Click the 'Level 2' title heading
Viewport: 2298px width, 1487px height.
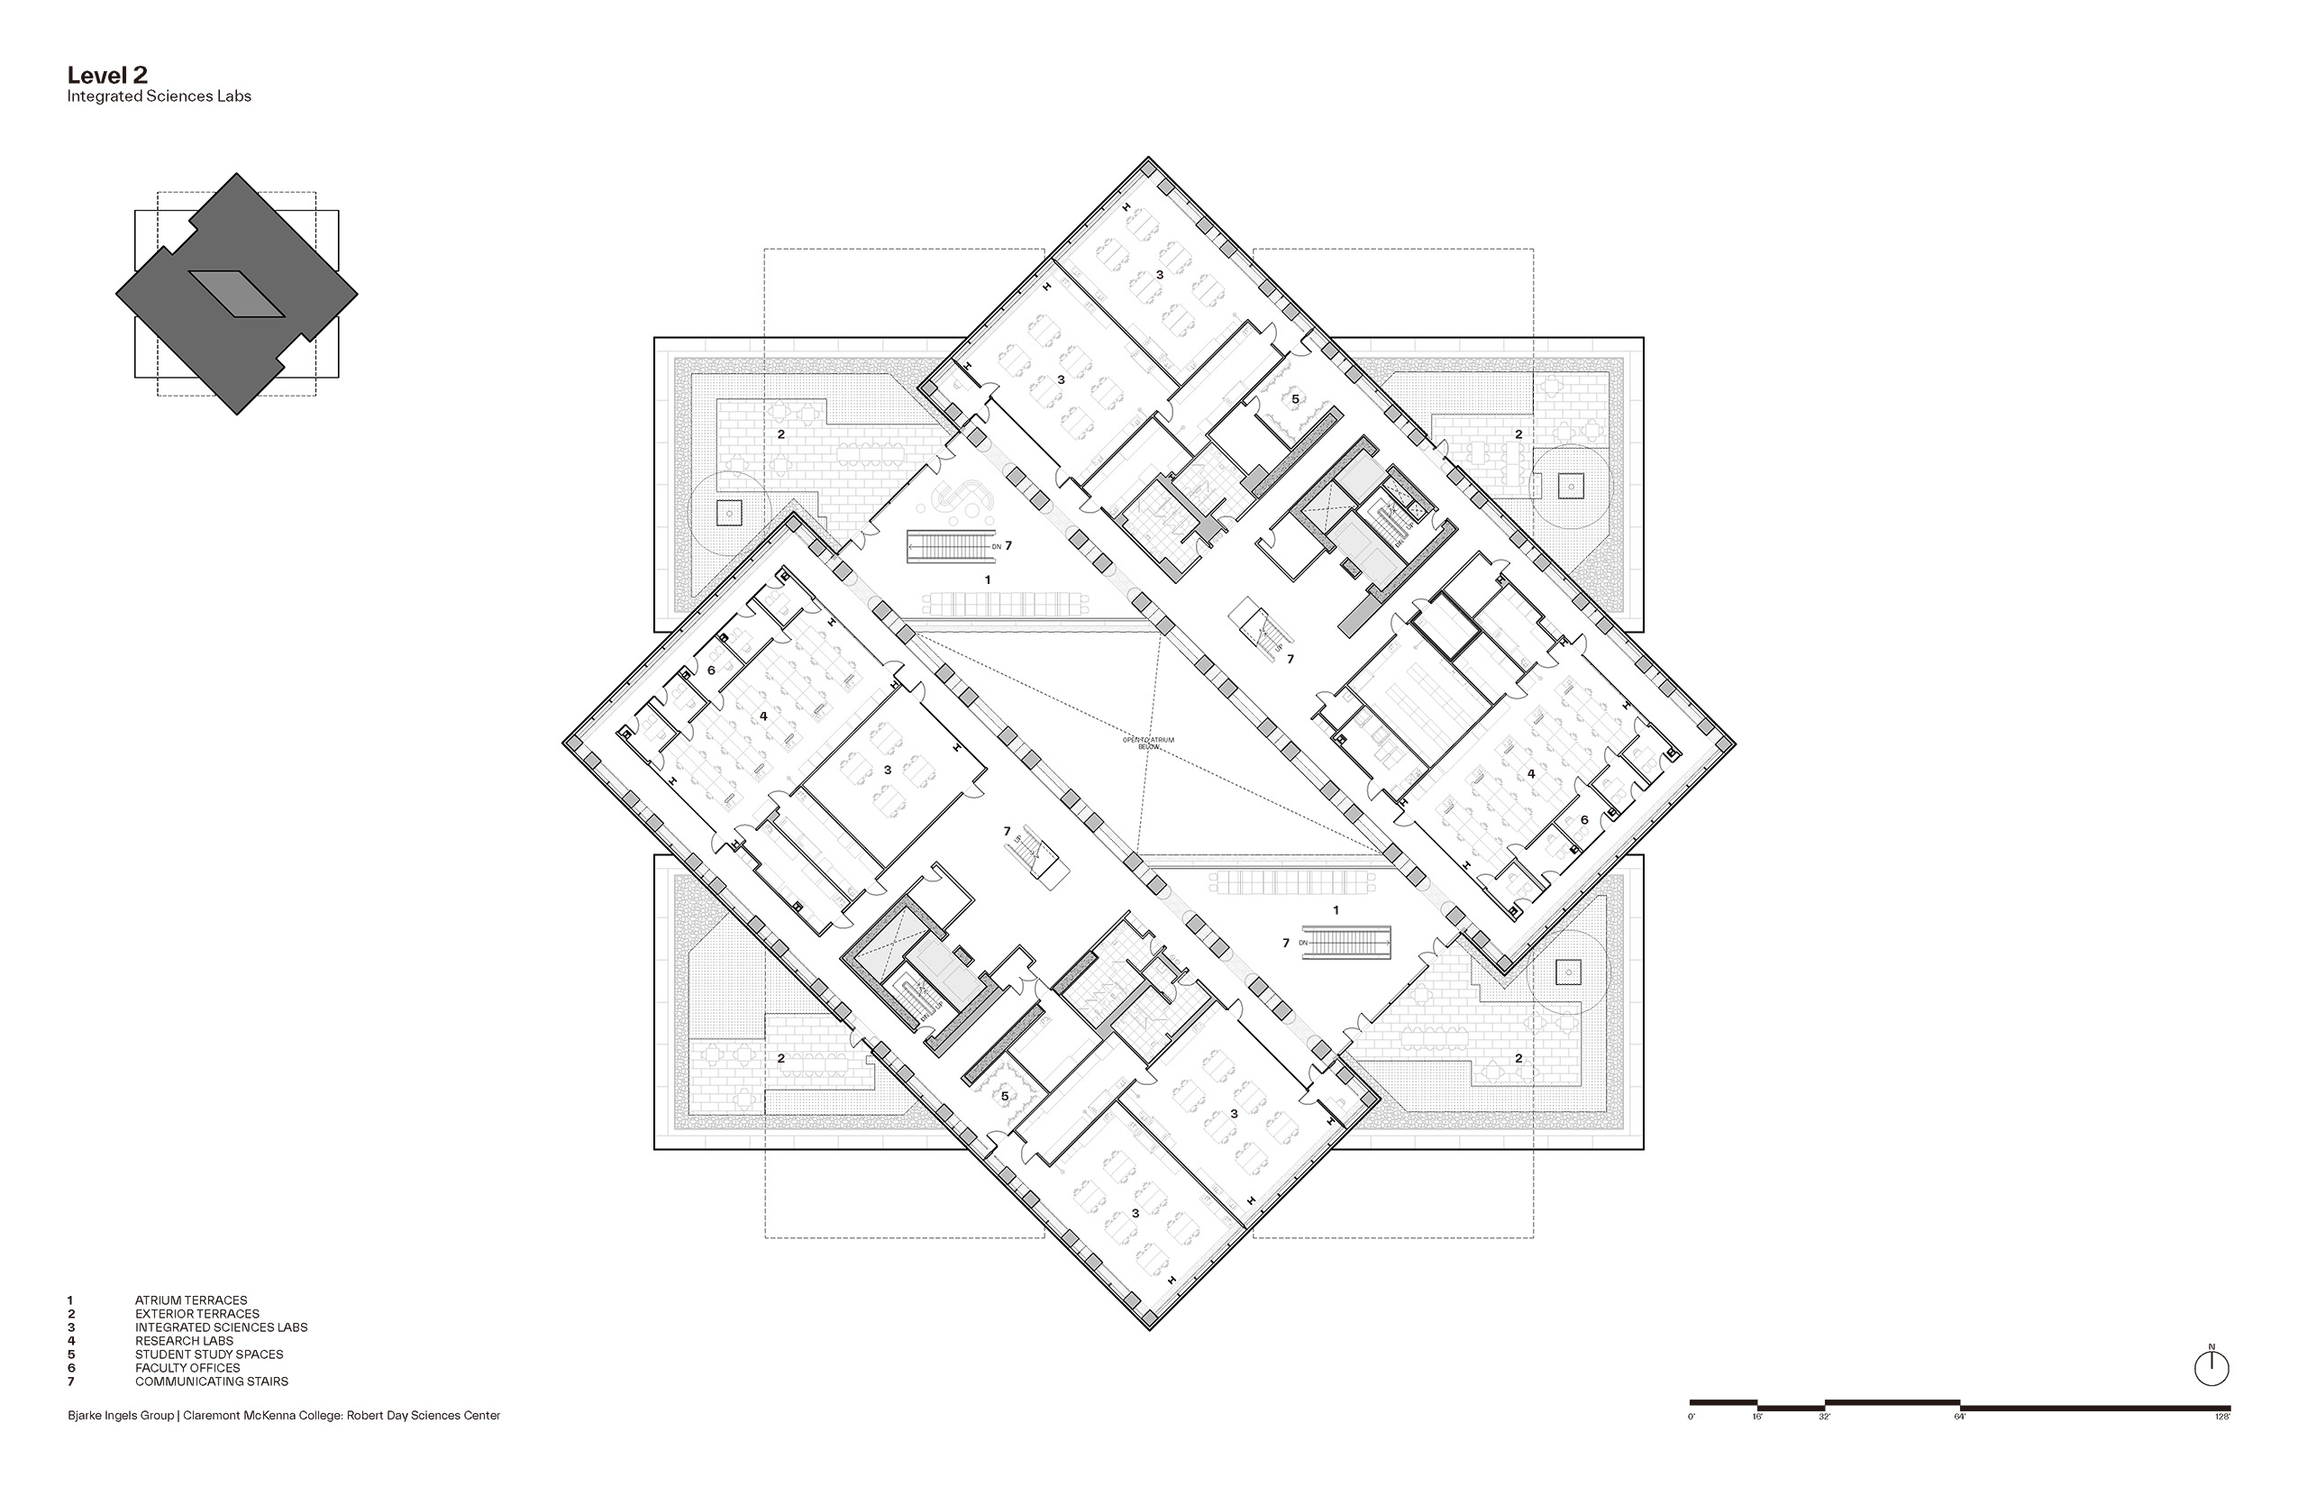tap(107, 77)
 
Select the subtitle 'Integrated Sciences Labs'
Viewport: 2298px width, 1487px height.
tap(160, 96)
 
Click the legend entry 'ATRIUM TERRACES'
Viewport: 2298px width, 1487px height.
tap(191, 1300)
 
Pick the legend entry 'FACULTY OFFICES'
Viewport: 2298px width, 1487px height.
tap(187, 1368)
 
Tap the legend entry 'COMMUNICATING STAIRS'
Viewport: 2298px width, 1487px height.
tap(212, 1382)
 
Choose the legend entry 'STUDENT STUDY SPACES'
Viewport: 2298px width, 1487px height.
tap(208, 1355)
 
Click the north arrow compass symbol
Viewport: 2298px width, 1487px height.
tap(2211, 1368)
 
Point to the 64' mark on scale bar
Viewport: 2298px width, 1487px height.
tap(1960, 1417)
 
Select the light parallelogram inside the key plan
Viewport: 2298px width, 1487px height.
tap(236, 294)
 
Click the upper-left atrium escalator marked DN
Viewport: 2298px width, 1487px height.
tap(951, 546)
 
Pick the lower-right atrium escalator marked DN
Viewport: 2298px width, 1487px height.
tap(1347, 943)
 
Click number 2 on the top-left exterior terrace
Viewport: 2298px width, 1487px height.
tap(781, 434)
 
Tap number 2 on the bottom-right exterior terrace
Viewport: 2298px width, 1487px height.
tap(1518, 1058)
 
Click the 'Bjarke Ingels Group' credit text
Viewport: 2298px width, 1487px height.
tap(122, 1416)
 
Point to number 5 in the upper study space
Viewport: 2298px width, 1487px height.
tap(1296, 398)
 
